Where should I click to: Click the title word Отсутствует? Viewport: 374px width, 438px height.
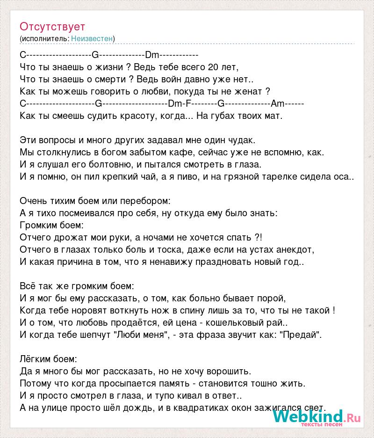tap(52, 27)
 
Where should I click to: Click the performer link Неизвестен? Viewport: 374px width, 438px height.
tap(92, 38)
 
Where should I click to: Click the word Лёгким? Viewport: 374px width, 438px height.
tap(36, 359)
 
